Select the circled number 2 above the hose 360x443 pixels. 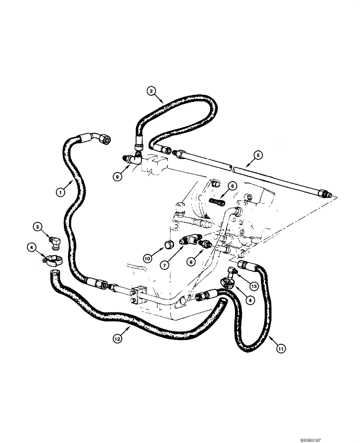click(152, 92)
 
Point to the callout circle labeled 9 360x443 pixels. click(117, 176)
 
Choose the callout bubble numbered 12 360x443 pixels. click(117, 339)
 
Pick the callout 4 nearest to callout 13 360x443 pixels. click(252, 300)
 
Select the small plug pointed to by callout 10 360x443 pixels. click(168, 245)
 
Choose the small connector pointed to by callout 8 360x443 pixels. click(205, 244)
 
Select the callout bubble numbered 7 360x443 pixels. click(164, 265)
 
